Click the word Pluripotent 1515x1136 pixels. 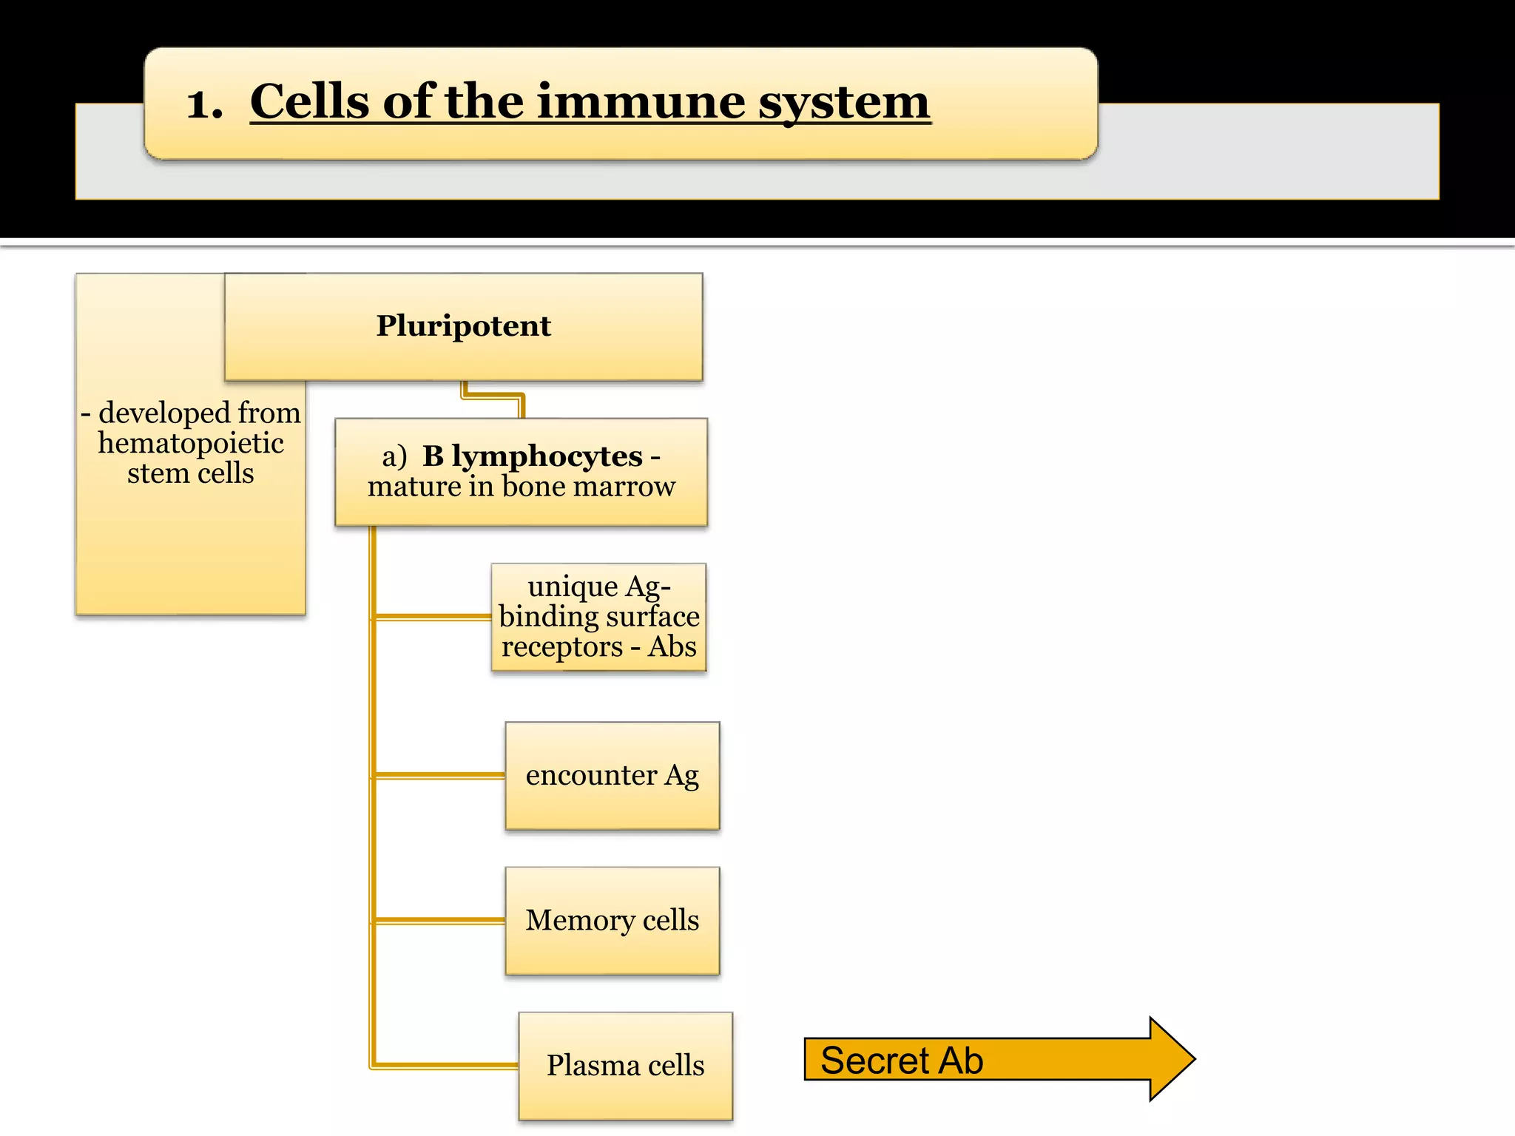(x=463, y=326)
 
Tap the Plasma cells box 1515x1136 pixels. (x=625, y=1066)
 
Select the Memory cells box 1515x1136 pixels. (x=612, y=921)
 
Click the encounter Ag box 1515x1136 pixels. (x=612, y=776)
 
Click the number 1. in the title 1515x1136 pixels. (x=204, y=104)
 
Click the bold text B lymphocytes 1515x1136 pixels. (x=532, y=456)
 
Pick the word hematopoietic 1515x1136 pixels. (x=191, y=443)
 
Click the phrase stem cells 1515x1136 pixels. (x=190, y=473)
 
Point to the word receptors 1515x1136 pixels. (x=562, y=647)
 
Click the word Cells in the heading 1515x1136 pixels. (x=310, y=101)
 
